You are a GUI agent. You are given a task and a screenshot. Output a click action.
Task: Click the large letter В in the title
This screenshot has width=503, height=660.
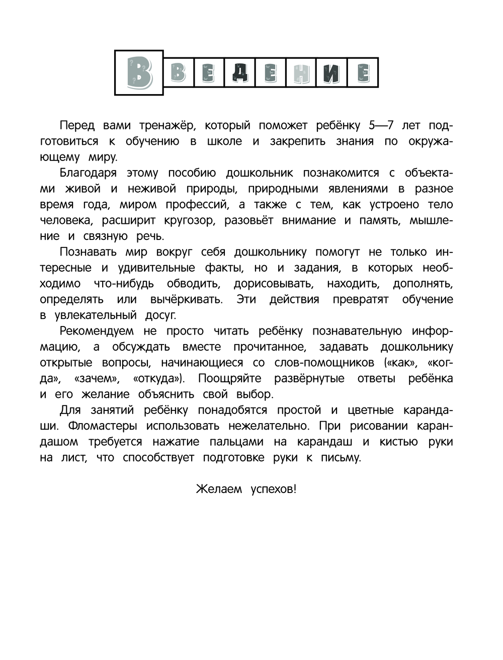tap(139, 72)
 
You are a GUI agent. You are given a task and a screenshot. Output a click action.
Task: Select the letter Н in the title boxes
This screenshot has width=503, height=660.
tap(301, 73)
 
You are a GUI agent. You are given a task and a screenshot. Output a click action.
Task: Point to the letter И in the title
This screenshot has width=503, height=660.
tap(331, 73)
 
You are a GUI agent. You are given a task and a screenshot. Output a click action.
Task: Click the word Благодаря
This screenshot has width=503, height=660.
tap(88, 173)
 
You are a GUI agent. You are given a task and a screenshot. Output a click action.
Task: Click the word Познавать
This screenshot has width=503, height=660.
tap(89, 252)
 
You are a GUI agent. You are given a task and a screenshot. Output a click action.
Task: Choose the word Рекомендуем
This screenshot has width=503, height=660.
tap(97, 331)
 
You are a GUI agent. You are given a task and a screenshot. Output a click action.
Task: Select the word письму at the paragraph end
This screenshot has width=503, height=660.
tap(341, 457)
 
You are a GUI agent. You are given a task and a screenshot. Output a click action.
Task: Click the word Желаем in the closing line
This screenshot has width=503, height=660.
tap(219, 489)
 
